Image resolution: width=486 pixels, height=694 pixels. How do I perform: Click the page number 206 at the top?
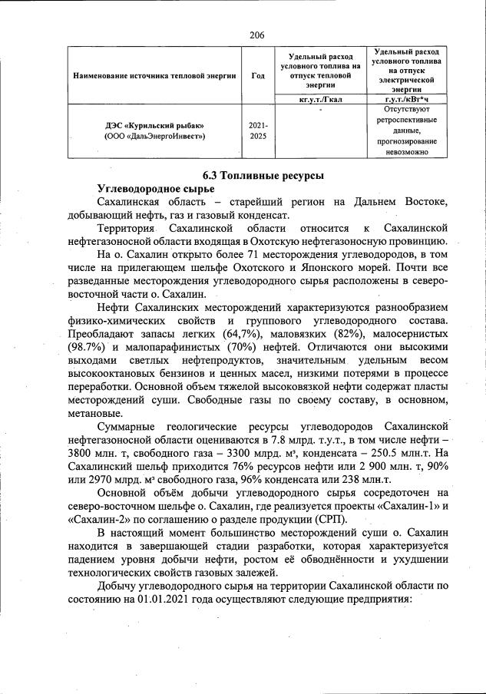(x=257, y=35)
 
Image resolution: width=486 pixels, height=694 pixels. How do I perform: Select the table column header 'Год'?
(x=257, y=76)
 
